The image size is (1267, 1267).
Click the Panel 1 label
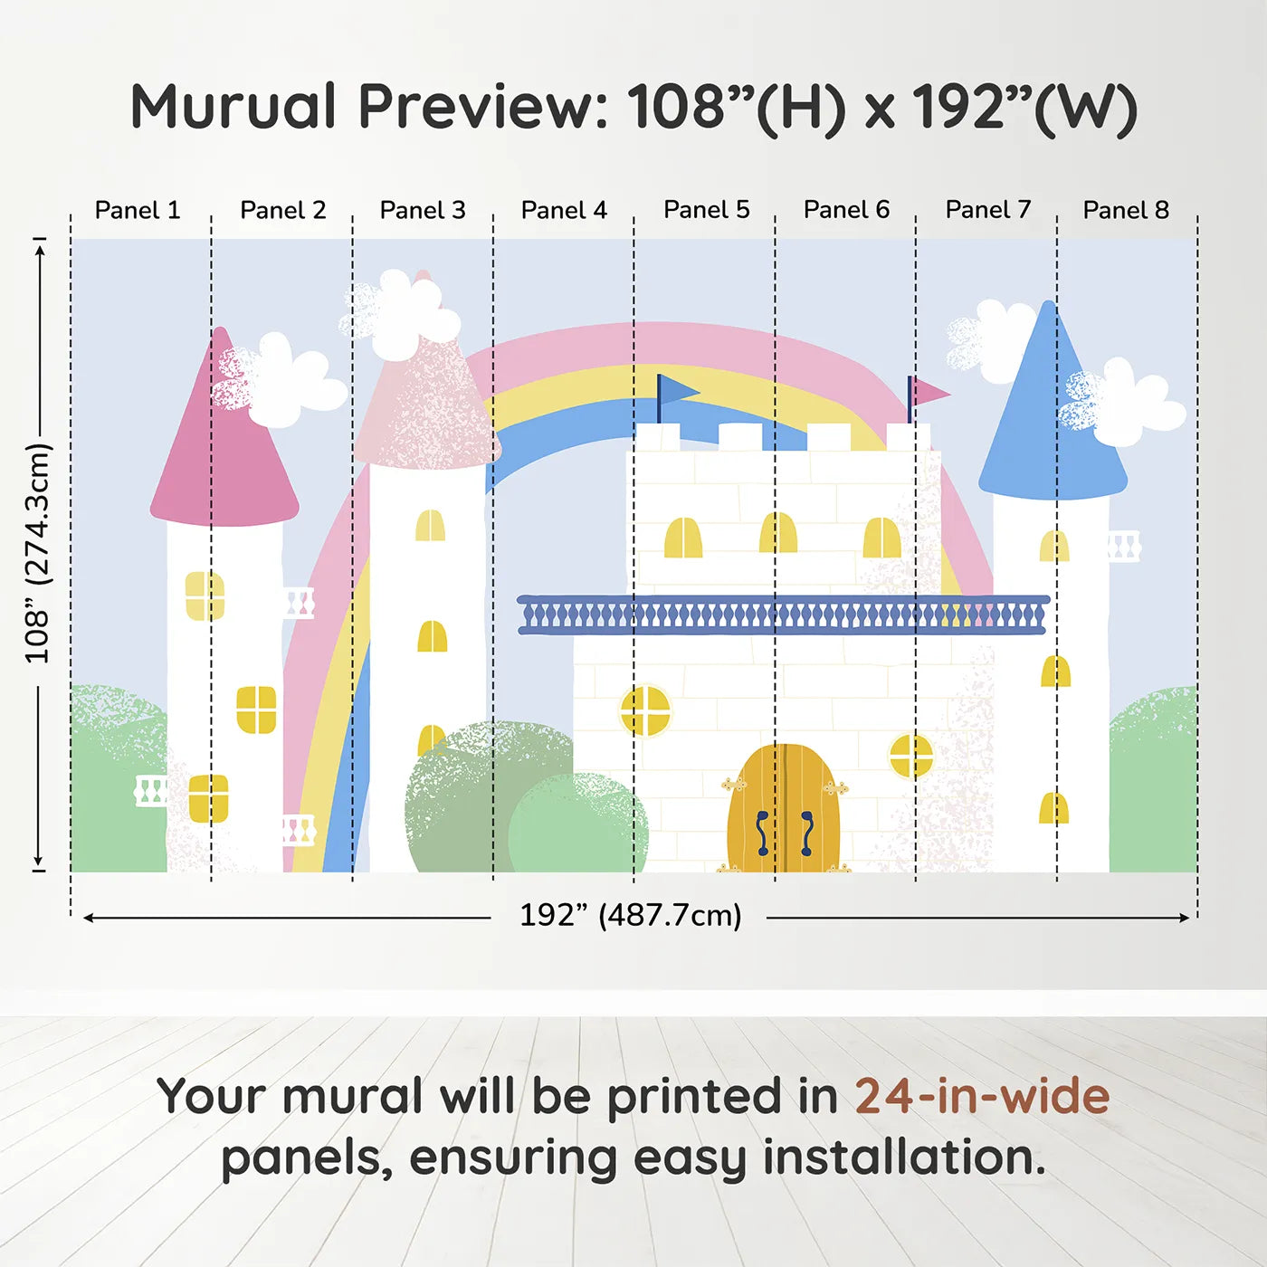click(x=138, y=210)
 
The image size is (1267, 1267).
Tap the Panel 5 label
click(x=706, y=210)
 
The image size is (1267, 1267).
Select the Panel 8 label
click(x=1126, y=210)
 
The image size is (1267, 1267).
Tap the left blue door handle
click(x=762, y=833)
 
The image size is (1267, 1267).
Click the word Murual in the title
click(x=234, y=107)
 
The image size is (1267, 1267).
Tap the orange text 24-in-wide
click(x=982, y=1096)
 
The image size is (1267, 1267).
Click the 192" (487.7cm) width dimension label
click(x=631, y=915)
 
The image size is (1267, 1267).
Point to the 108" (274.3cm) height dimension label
click(x=37, y=553)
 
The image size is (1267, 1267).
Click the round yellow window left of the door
click(x=645, y=710)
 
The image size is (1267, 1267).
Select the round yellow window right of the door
click(x=911, y=755)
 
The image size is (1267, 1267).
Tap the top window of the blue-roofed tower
click(x=1054, y=546)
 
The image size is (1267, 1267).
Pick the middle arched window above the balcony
click(x=777, y=532)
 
